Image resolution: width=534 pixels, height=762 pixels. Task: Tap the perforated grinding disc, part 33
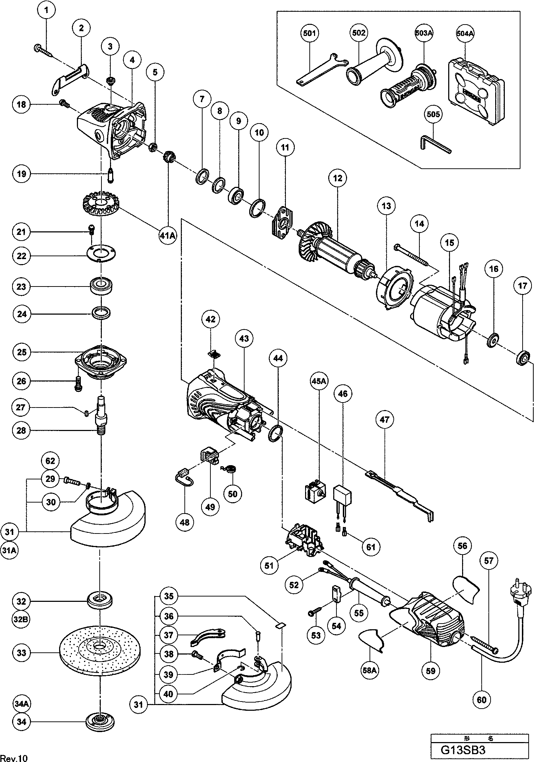click(100, 653)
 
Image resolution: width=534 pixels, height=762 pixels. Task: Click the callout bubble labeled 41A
click(168, 236)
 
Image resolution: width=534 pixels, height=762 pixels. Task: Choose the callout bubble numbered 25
click(22, 352)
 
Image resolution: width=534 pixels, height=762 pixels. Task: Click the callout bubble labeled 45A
click(319, 381)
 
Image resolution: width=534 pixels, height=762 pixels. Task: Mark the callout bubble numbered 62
click(50, 461)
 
